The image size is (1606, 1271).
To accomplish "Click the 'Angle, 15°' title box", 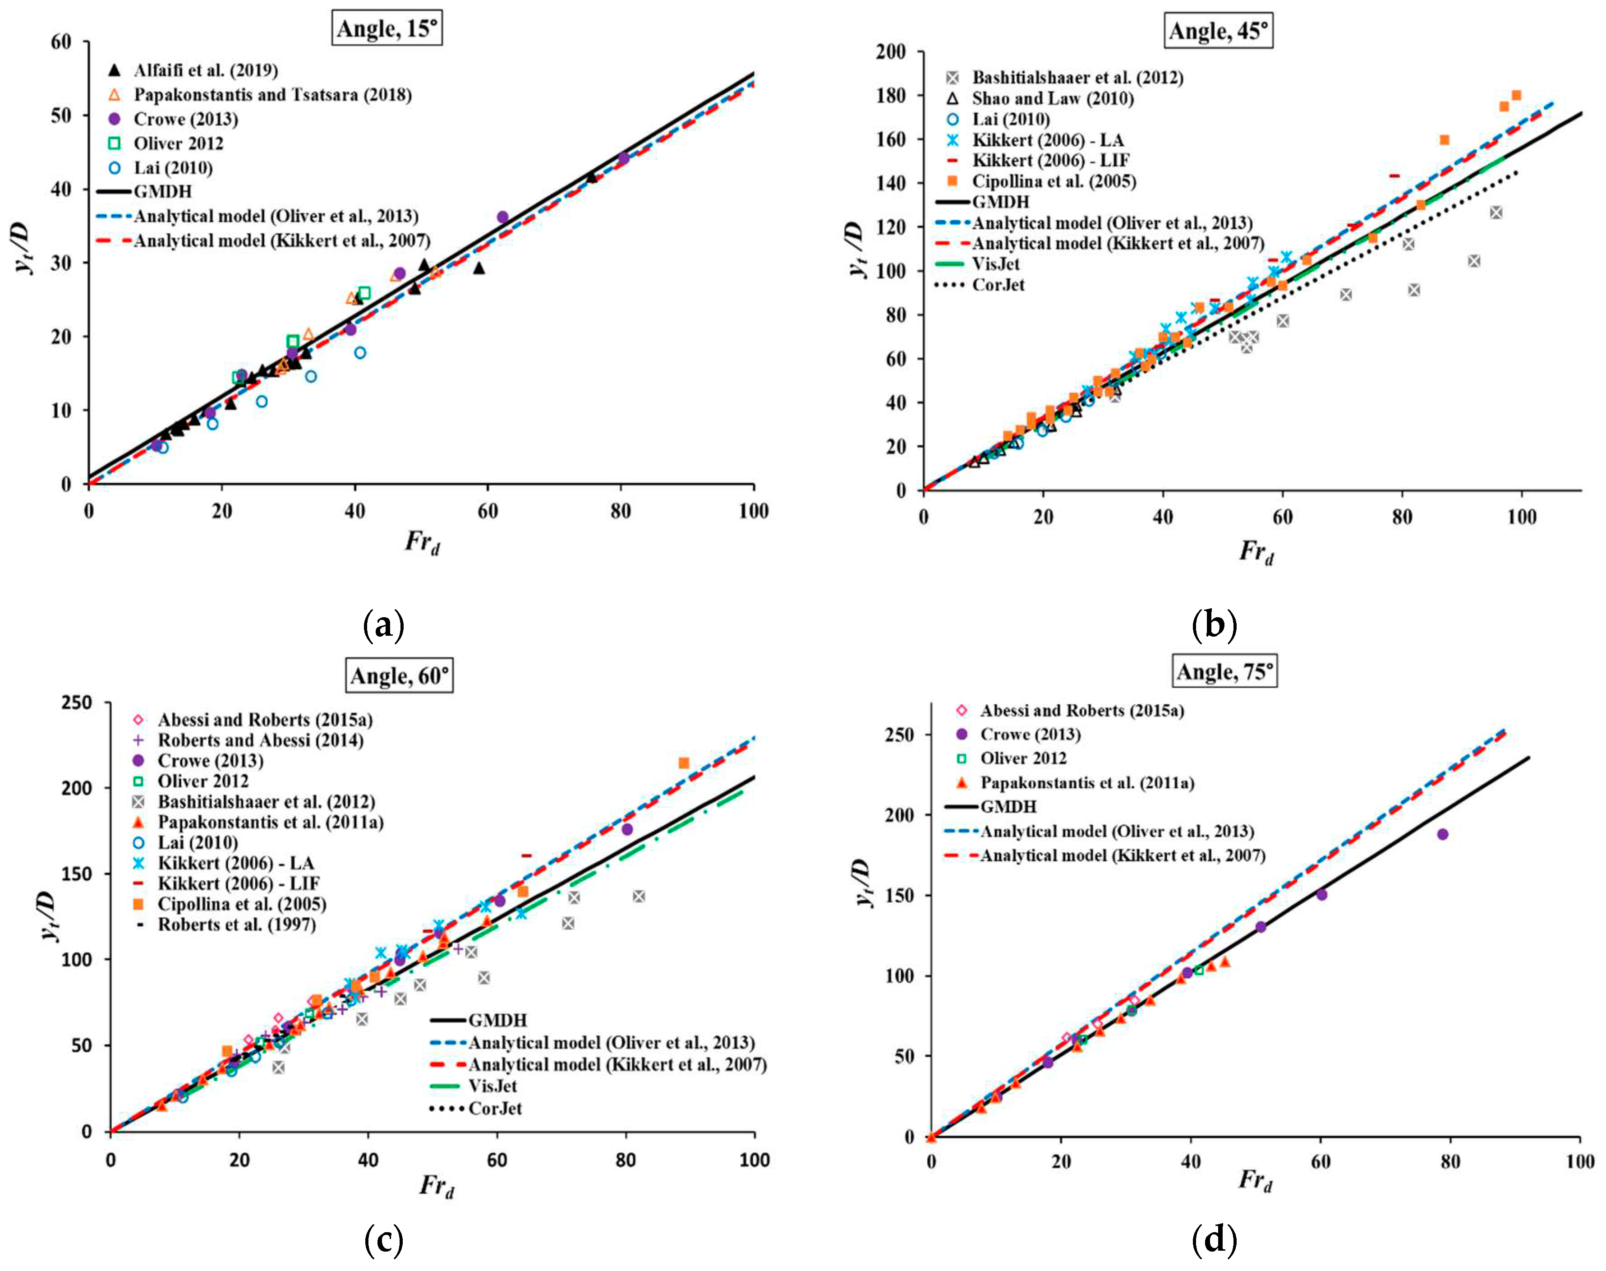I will click(x=387, y=29).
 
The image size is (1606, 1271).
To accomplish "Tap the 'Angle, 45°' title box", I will click(x=1218, y=31).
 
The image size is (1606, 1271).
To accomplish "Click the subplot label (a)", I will click(x=384, y=625).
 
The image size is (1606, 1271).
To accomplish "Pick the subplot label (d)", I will click(x=1214, y=1240).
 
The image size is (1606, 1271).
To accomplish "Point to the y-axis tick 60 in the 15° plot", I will click(x=61, y=42).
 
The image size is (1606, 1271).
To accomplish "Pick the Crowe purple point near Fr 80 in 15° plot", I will click(x=623, y=158).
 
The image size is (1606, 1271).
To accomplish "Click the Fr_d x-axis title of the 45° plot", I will click(x=1256, y=552).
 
